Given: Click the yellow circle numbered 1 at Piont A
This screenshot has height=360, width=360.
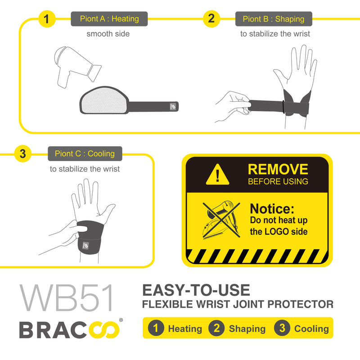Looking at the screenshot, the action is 47,19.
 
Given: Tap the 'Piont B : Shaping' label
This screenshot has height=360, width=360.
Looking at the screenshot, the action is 274,19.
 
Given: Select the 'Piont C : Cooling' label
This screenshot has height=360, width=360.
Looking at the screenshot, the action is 85,153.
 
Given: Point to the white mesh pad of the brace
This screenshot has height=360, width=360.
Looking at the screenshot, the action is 104,100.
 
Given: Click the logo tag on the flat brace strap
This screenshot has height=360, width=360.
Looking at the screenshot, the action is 173,107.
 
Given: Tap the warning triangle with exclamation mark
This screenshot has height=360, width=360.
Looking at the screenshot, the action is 217,175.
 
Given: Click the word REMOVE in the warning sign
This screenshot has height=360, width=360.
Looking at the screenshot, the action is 278,169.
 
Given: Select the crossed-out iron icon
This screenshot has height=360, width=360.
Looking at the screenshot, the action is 221,220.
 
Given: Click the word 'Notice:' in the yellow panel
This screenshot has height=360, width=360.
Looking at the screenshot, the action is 272,209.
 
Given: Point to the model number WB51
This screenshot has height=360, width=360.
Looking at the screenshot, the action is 67,298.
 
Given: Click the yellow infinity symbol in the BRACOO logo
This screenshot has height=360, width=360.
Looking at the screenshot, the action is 105,330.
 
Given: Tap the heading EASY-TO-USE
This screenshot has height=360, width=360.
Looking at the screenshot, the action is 196,290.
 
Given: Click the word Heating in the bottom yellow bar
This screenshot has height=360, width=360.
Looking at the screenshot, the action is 185,328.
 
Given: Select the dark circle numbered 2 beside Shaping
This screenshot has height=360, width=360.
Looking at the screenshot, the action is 216,328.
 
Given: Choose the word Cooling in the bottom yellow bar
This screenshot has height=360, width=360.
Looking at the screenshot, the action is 311,328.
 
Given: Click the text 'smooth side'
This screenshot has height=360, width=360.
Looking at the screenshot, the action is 108,34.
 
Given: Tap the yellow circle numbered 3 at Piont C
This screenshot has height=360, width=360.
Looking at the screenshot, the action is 22,153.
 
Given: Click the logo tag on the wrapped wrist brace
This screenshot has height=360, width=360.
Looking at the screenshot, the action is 85,245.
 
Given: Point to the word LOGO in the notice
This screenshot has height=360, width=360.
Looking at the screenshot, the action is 277,231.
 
